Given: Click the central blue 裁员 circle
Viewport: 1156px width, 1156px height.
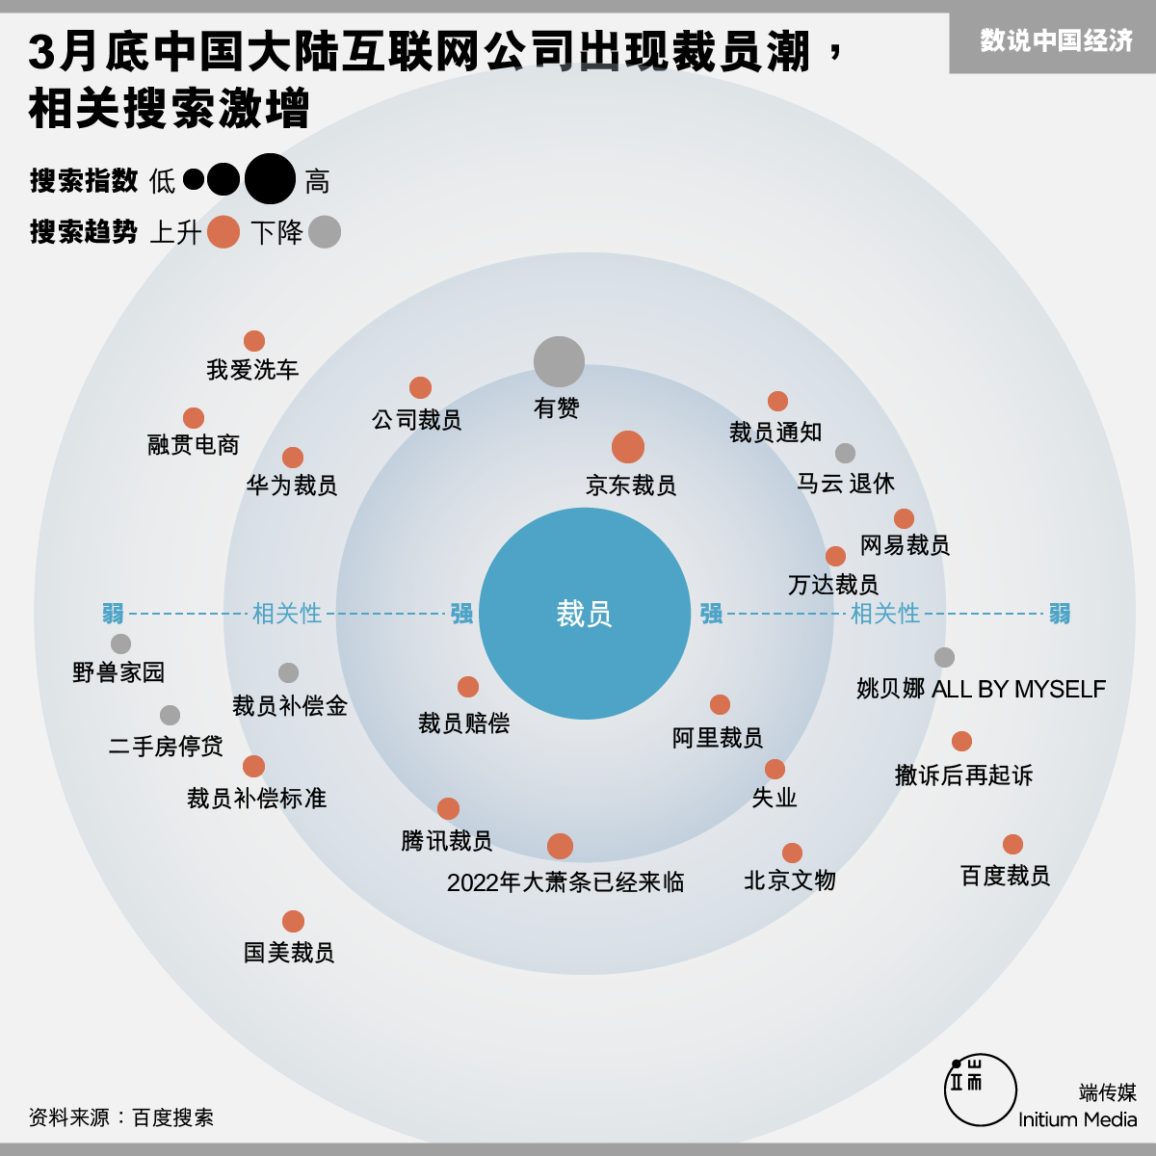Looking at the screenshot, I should click(585, 614).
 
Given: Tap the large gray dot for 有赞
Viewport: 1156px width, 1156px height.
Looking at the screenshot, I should click(559, 361).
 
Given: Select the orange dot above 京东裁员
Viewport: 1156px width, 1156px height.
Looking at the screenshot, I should click(628, 447).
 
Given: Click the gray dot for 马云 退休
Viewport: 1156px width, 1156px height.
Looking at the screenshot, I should click(845, 453).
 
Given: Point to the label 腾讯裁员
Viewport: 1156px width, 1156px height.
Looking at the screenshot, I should click(447, 841).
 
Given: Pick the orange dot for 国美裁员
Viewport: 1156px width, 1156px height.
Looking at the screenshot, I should click(294, 921).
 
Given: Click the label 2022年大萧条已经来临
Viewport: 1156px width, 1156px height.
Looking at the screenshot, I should click(565, 882).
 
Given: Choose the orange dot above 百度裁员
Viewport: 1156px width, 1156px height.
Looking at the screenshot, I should click(1012, 844).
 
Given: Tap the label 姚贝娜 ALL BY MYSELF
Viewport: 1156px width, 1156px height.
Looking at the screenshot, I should click(981, 689).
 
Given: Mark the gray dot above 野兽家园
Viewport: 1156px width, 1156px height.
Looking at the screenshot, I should click(120, 644).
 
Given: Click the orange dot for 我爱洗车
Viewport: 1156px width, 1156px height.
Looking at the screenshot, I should click(254, 341).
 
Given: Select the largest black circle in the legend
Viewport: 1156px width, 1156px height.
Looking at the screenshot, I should click(270, 179).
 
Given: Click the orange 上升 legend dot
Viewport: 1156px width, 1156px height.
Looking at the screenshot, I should click(223, 232).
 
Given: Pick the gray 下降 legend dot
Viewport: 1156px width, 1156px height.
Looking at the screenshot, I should click(325, 232).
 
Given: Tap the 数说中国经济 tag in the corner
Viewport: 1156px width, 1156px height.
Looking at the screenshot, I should click(1056, 41).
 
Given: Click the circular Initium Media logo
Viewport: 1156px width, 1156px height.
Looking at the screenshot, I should click(980, 1090).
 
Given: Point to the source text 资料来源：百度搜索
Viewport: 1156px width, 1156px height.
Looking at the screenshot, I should click(121, 1117).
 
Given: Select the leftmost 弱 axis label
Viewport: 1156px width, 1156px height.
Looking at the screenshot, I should click(113, 614).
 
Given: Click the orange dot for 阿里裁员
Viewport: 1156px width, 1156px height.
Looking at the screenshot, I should click(720, 704).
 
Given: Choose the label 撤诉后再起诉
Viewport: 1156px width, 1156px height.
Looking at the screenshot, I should click(963, 775).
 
